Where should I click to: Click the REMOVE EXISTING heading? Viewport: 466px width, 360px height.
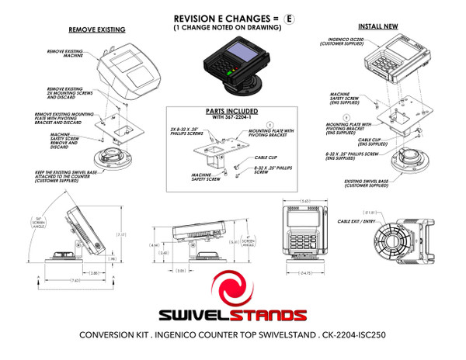pyautogui.click(x=98, y=29)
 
